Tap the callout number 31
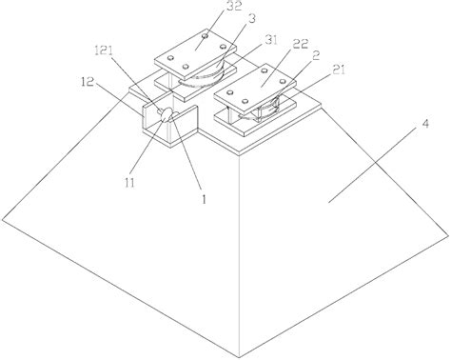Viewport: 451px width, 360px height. tap(269, 40)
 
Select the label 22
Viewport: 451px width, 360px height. tap(300, 44)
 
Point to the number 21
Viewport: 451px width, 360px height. tap(337, 70)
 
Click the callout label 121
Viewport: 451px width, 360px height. tap(104, 50)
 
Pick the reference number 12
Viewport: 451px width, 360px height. tap(87, 82)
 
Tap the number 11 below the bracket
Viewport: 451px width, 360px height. tap(129, 183)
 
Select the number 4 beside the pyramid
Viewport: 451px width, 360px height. tap(425, 123)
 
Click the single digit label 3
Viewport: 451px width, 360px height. tap(251, 19)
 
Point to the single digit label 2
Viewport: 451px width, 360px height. tap(316, 56)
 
